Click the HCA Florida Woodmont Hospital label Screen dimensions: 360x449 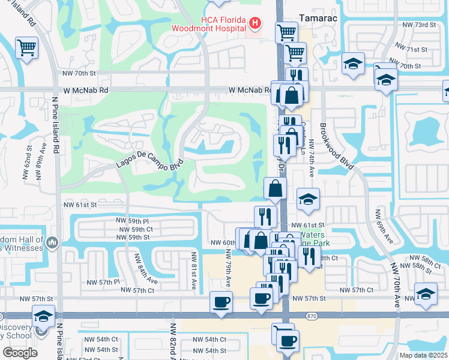pyautogui.click(x=208, y=23)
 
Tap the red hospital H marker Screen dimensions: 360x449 pyautogui.click(x=255, y=24)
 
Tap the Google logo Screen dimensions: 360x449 pyautogui.click(x=20, y=353)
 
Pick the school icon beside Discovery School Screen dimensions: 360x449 pyautogui.click(x=44, y=316)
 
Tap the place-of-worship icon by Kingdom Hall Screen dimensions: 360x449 pyautogui.click(x=52, y=243)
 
